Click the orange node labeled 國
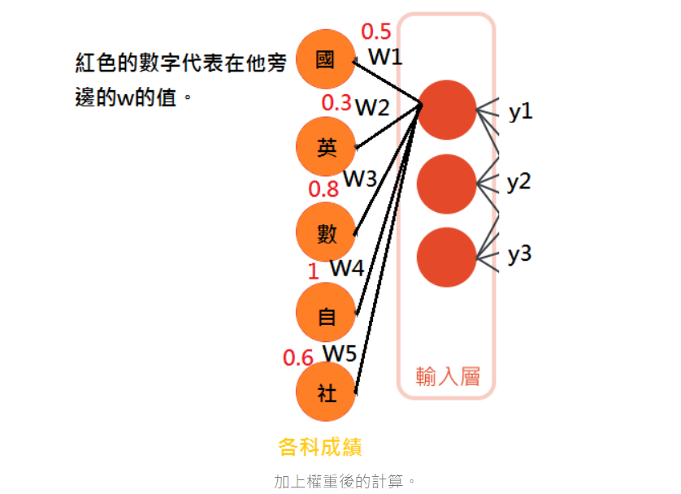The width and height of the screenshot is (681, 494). (x=326, y=60)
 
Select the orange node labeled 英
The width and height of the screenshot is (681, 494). (x=326, y=147)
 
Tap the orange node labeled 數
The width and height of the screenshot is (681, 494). (x=326, y=232)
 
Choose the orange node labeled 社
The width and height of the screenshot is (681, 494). (x=326, y=394)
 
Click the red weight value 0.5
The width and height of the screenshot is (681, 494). (x=376, y=32)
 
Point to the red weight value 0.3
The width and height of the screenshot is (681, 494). (x=336, y=103)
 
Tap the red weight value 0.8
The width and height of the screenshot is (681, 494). (x=323, y=189)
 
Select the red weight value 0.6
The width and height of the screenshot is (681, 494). (x=297, y=357)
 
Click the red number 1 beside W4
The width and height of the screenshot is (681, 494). (x=312, y=271)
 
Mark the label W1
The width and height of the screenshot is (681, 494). (x=385, y=57)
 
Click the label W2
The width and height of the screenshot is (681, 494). (x=372, y=106)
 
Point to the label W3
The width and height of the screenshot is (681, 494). (x=359, y=179)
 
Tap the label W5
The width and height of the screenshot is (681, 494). (x=340, y=353)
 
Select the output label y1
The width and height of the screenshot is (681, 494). (x=521, y=112)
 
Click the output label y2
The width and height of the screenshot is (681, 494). (x=518, y=183)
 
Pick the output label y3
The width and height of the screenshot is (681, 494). (x=519, y=255)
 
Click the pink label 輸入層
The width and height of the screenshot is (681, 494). (x=448, y=376)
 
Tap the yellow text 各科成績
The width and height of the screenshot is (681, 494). (x=320, y=447)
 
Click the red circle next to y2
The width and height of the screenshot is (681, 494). (x=446, y=184)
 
